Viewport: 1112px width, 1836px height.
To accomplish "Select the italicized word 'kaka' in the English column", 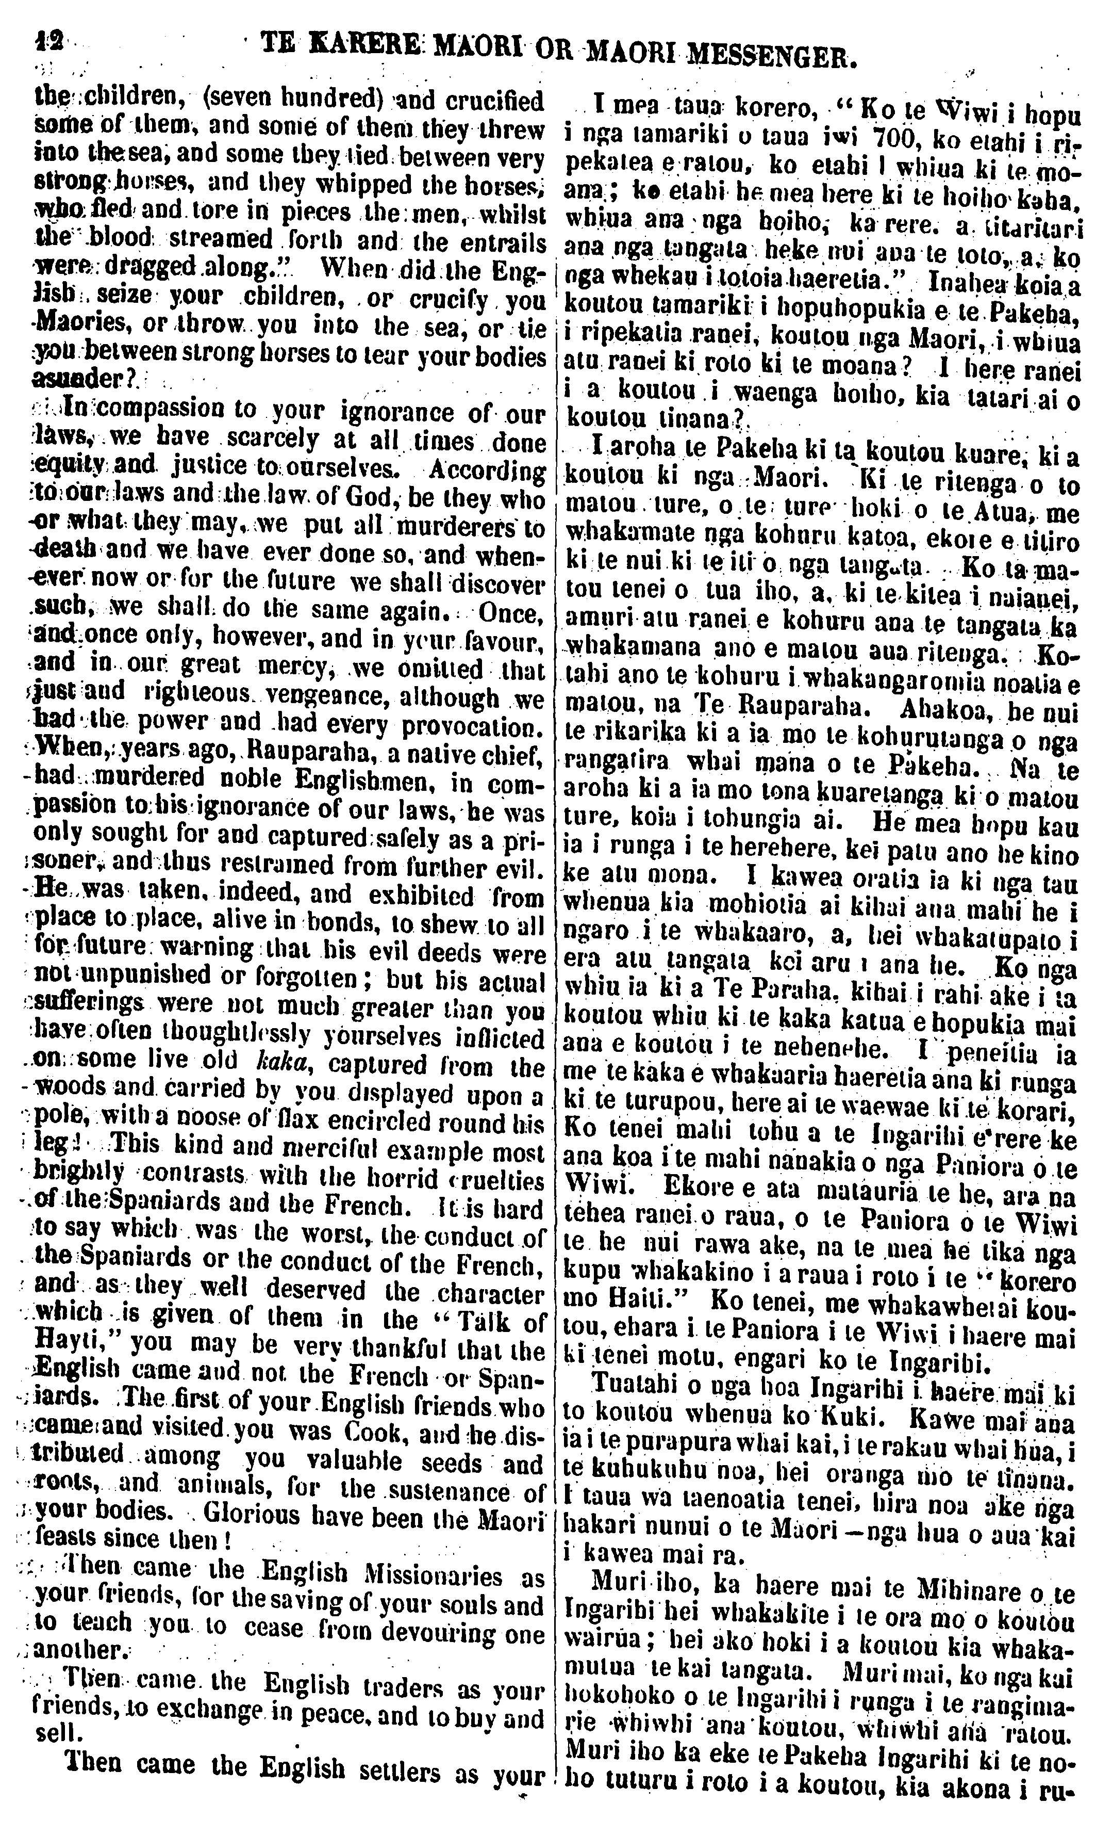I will [278, 1063].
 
